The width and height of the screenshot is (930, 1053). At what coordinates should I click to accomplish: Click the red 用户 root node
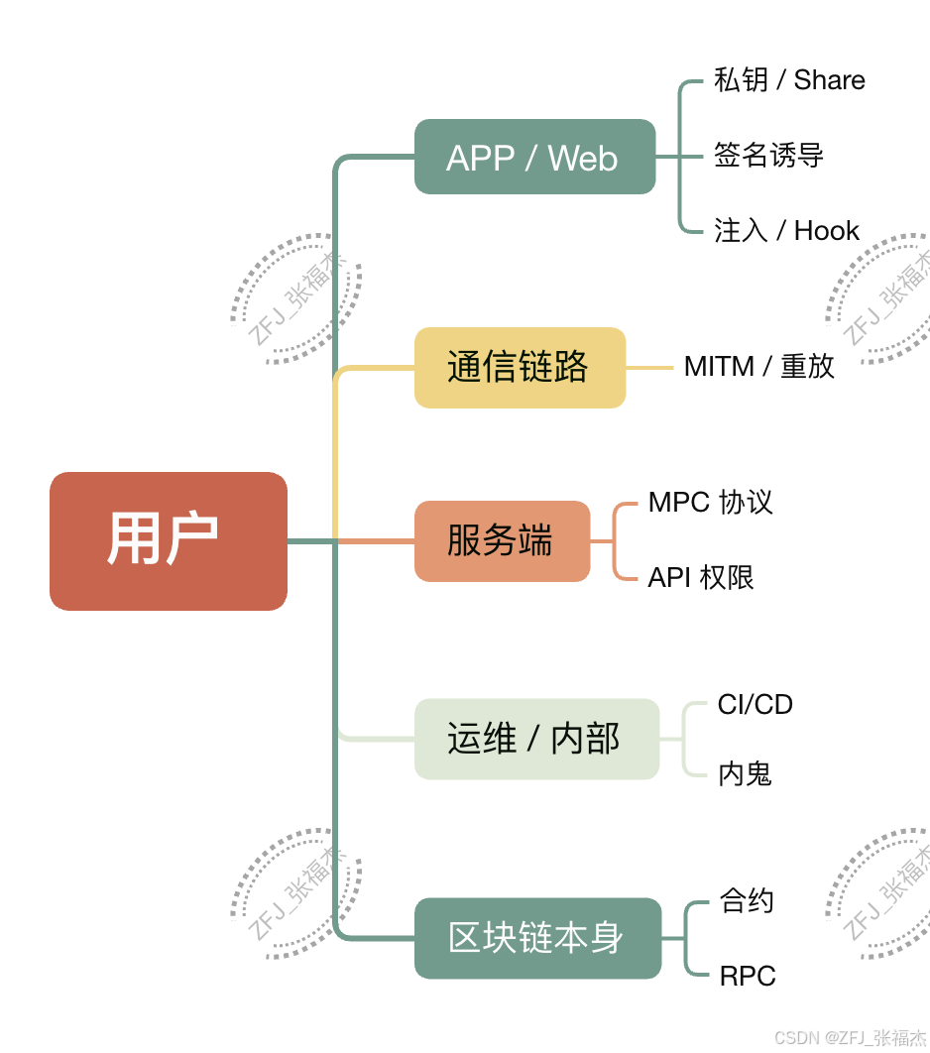(x=169, y=540)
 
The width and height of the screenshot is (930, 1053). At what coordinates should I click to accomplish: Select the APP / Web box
(x=534, y=157)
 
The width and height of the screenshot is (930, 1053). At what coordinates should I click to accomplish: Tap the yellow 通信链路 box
(x=520, y=368)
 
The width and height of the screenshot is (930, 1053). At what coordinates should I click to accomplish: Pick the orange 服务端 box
(x=502, y=541)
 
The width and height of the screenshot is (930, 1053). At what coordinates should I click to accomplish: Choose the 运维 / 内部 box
(x=536, y=739)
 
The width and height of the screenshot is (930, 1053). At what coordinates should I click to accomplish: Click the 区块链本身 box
(x=537, y=938)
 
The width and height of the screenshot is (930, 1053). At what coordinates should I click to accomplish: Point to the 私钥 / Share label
(x=789, y=80)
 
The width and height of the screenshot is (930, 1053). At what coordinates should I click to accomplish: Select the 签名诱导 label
(x=768, y=156)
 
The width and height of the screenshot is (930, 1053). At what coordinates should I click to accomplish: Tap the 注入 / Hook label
(x=786, y=231)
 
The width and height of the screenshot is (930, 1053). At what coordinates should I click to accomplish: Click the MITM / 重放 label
(x=758, y=367)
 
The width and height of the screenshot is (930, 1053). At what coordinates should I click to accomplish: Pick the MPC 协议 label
(x=710, y=503)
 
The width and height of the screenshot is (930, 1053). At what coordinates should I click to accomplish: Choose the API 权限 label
(x=701, y=577)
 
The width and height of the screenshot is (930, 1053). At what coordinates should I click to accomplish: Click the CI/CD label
(x=756, y=705)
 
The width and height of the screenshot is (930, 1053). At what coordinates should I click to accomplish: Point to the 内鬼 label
(x=745, y=774)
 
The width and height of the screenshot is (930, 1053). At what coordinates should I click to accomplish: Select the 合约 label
(x=747, y=901)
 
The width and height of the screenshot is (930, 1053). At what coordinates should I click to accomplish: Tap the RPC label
(x=748, y=976)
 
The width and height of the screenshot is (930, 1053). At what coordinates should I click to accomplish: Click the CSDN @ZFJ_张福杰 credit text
(x=850, y=1037)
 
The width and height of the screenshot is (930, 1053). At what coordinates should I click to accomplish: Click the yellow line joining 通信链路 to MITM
(x=649, y=368)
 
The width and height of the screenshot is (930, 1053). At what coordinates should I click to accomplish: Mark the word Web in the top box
(x=583, y=158)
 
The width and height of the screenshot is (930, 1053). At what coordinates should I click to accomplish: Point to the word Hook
(x=827, y=231)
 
